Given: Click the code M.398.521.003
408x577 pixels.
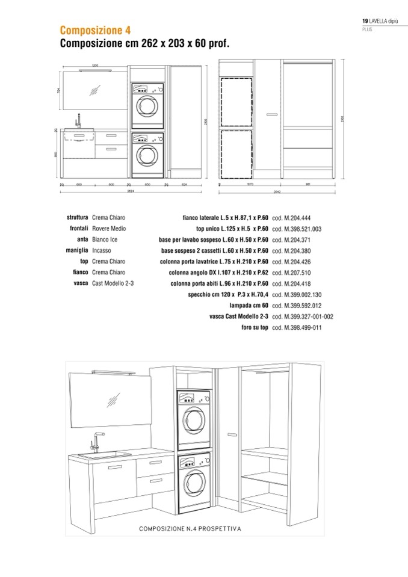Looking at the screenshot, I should point(297,229).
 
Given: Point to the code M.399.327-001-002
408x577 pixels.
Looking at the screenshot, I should point(303,316).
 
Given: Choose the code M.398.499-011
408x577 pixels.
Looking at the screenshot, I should point(296,327).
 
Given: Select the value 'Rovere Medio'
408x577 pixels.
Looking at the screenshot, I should point(110,229).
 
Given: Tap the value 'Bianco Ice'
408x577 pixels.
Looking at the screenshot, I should point(105,239).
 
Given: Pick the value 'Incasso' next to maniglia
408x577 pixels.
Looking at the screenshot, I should point(102,250).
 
